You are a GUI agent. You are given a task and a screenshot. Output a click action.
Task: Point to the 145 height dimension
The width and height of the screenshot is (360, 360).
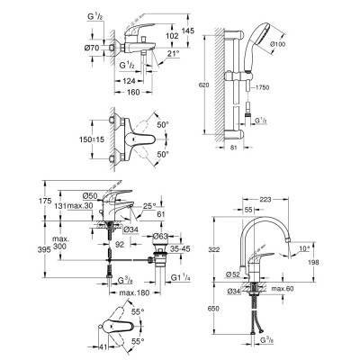click(187, 30)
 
